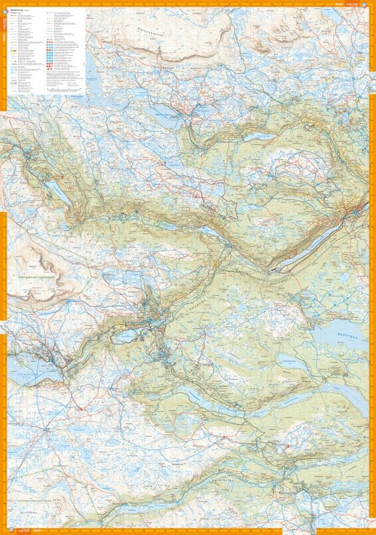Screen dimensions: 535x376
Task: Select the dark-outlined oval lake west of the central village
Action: pos(124,336)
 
